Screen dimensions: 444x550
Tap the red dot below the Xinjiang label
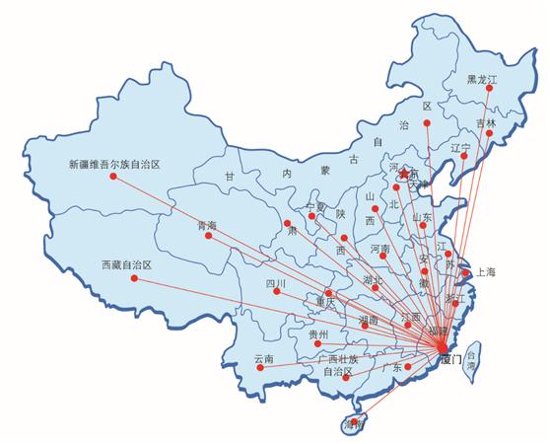click(113, 177)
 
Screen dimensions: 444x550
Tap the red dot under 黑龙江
click(482, 94)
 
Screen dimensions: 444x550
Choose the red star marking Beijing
click(402, 174)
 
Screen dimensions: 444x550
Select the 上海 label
click(485, 271)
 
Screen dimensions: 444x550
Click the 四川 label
click(275, 283)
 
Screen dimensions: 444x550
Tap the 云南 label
click(263, 358)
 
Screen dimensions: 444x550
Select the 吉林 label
click(486, 122)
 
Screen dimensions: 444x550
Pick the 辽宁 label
click(460, 147)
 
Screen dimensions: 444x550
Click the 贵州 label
click(318, 334)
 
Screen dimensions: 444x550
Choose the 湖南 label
click(368, 320)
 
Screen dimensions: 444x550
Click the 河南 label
click(380, 251)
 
